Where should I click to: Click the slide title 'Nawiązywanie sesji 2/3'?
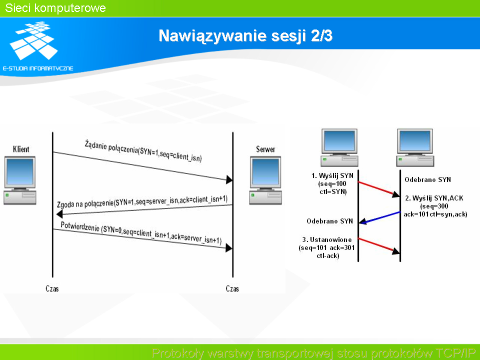tap(245, 36)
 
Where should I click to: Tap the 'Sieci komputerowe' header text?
tap(55, 8)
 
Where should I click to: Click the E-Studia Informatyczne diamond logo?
tap(33, 40)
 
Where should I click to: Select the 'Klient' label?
tap(21, 149)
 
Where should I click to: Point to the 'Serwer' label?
tap(265, 149)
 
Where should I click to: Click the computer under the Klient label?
tap(20, 180)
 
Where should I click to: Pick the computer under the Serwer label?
tap(265, 180)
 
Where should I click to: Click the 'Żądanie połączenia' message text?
tap(143, 151)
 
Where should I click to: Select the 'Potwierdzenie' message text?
tap(141, 232)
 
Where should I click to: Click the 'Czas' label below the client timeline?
tap(52, 288)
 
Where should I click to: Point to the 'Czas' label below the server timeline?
tap(232, 288)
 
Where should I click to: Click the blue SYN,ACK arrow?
tap(379, 217)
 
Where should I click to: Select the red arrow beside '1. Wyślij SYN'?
tap(379, 188)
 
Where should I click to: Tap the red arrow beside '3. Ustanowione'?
tap(379, 246)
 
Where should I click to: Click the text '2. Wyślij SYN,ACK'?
tap(434, 198)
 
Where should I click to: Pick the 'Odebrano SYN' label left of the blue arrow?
tap(329, 221)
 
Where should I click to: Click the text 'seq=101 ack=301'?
tap(327, 247)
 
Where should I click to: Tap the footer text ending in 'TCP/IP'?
tap(313, 353)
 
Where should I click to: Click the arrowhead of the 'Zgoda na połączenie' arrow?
tap(60, 213)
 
